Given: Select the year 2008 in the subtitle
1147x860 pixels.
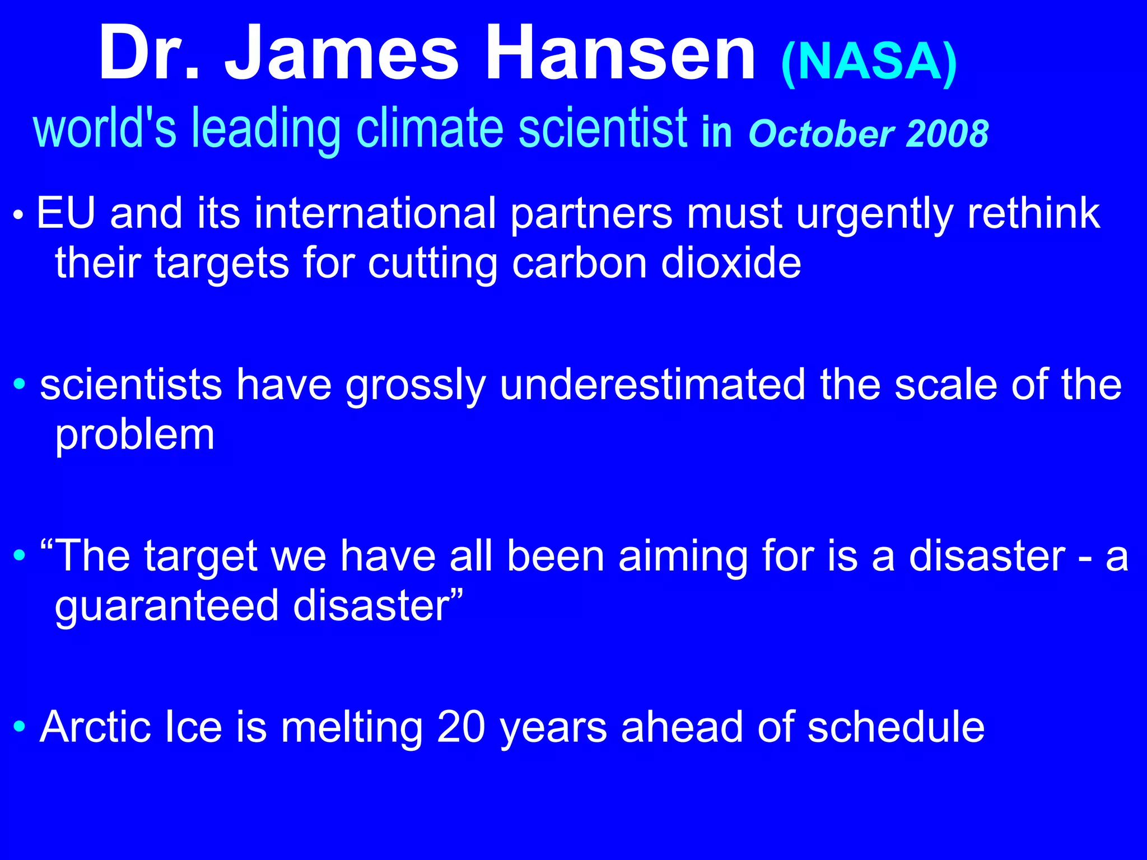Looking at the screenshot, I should (x=948, y=134).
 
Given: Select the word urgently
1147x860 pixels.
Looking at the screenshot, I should (x=875, y=214).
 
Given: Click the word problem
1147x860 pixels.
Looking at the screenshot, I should (x=134, y=436).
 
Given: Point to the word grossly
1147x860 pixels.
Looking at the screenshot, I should (x=416, y=386).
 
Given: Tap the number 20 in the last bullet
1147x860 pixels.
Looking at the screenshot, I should (x=460, y=727).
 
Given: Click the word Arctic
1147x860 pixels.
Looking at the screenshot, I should (x=95, y=727).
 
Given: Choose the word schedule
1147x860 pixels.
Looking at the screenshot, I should (x=896, y=727).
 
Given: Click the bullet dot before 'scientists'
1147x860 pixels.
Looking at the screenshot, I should (x=20, y=384).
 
